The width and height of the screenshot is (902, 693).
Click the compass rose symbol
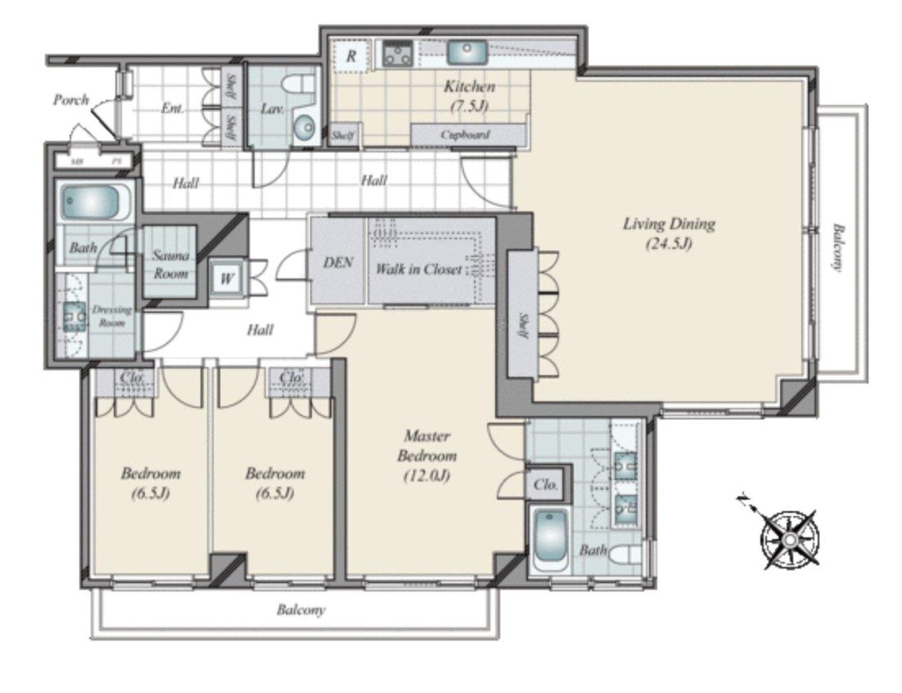pyautogui.click(x=789, y=539)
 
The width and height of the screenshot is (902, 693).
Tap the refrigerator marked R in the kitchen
pyautogui.click(x=351, y=57)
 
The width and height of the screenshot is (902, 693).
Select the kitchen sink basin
pyautogui.click(x=467, y=53)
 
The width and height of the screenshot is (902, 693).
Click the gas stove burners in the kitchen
pyautogui.click(x=399, y=54)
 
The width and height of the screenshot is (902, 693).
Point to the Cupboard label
pyautogui.click(x=465, y=134)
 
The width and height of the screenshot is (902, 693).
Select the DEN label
pyautogui.click(x=336, y=262)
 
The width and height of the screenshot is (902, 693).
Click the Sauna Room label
pyautogui.click(x=170, y=265)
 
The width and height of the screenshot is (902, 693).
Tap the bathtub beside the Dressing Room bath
pyautogui.click(x=95, y=202)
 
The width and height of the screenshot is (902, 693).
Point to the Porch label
pyautogui.click(x=71, y=100)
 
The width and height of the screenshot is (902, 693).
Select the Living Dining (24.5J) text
pyautogui.click(x=669, y=232)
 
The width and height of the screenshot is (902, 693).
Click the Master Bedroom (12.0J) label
pyautogui.click(x=426, y=456)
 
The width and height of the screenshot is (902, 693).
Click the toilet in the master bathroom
pyautogui.click(x=626, y=555)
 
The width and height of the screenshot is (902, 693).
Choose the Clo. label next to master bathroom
pyautogui.click(x=545, y=484)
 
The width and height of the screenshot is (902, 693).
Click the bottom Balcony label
pyautogui.click(x=300, y=610)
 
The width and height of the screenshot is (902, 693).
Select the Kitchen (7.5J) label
pyautogui.click(x=469, y=95)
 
